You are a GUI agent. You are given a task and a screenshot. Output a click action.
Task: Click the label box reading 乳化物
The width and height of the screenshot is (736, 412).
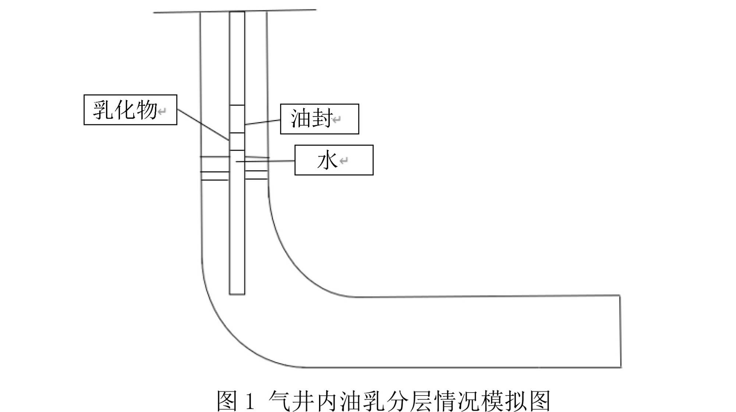tap(130, 110)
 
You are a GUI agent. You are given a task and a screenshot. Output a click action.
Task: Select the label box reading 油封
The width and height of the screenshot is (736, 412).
tap(319, 119)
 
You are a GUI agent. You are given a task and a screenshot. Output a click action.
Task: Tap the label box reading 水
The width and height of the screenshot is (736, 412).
tap(334, 160)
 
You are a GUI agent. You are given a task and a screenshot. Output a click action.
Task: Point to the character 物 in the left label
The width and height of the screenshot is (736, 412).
tap(146, 110)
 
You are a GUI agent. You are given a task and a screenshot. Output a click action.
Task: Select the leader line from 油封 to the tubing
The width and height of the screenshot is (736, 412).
tap(263, 122)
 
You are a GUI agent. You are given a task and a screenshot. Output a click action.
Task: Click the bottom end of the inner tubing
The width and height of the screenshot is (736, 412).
tap(237, 294)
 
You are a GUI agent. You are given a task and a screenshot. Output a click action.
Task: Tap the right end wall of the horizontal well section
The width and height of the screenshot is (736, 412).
tap(620, 331)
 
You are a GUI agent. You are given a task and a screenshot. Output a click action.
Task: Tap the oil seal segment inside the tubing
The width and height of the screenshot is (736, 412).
tap(237, 119)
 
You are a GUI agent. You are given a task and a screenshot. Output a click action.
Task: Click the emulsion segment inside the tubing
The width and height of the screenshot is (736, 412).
tap(237, 141)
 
